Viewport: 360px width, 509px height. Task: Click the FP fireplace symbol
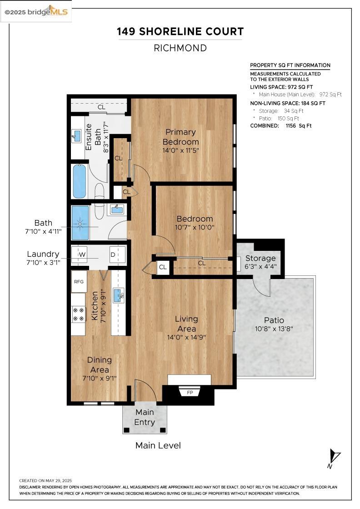pos(190,393)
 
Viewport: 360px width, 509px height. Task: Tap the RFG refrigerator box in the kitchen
pos(79,282)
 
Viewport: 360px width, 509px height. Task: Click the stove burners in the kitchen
pos(78,314)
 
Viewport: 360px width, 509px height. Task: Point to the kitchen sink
pos(119,295)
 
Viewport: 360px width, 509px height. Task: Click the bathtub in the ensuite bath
pos(80,181)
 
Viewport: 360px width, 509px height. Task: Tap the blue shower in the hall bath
pos(80,223)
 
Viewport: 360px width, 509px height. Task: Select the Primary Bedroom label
pos(180,137)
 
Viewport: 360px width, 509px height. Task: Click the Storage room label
pos(260,258)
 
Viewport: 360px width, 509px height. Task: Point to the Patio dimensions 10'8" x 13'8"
pos(274,329)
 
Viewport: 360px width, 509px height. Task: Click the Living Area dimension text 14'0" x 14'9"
pos(186,337)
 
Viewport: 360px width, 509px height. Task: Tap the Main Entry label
pos(145,417)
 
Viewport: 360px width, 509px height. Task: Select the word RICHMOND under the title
pos(180,48)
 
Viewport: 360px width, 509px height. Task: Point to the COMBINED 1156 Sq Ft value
pos(299,125)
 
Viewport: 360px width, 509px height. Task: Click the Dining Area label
pos(100,365)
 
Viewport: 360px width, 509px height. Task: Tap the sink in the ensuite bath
pos(77,136)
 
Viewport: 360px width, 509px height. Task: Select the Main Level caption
pos(158,445)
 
